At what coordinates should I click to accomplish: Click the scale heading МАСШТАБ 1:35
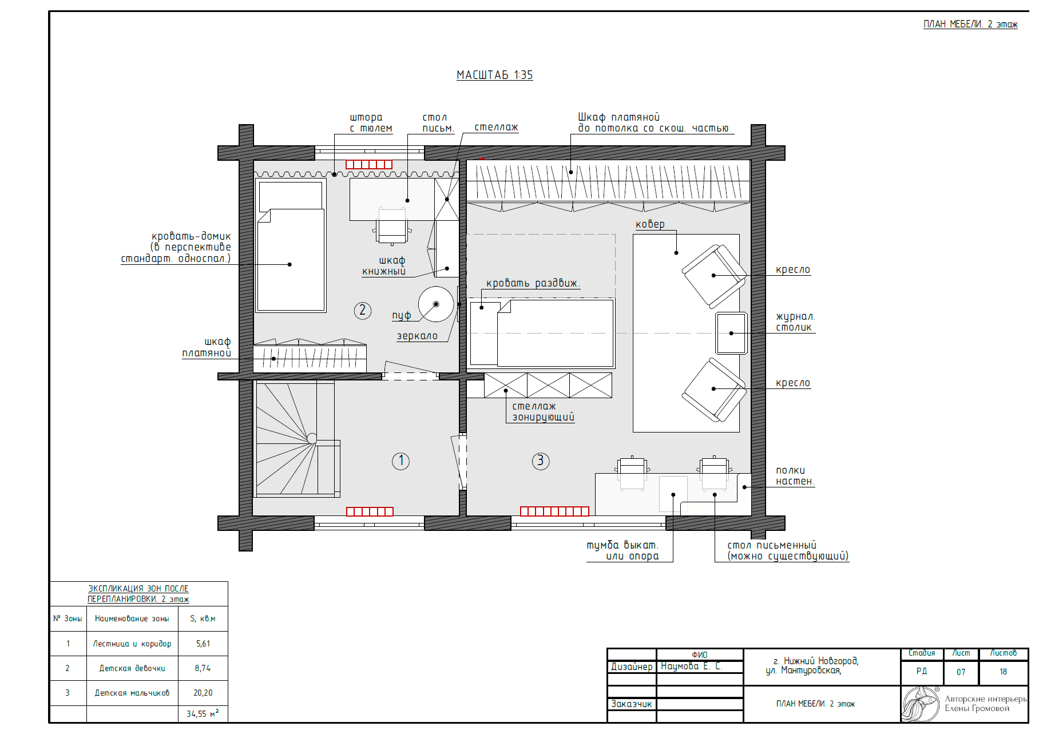tap(494, 75)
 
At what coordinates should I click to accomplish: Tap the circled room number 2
tap(362, 311)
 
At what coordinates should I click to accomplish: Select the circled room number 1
tap(400, 461)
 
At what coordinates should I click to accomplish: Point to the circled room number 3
tap(541, 461)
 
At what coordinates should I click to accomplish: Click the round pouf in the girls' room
tap(436, 304)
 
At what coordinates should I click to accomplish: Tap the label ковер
tap(650, 224)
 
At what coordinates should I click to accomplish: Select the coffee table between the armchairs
tap(731, 333)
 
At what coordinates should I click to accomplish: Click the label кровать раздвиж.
tap(533, 283)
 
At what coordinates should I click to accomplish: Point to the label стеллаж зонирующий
tap(543, 411)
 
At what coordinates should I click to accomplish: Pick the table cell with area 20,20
tap(203, 693)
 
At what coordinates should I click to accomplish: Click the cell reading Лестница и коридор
tap(132, 644)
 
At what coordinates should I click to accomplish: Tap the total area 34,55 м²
tap(203, 713)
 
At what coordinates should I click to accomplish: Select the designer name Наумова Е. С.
tap(691, 666)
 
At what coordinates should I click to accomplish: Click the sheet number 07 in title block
tap(961, 672)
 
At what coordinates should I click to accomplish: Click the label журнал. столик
tap(795, 322)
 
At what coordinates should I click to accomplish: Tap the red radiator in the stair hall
tap(370, 511)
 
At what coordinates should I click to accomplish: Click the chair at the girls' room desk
tap(392, 227)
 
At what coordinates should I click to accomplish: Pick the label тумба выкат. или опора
tap(623, 550)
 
